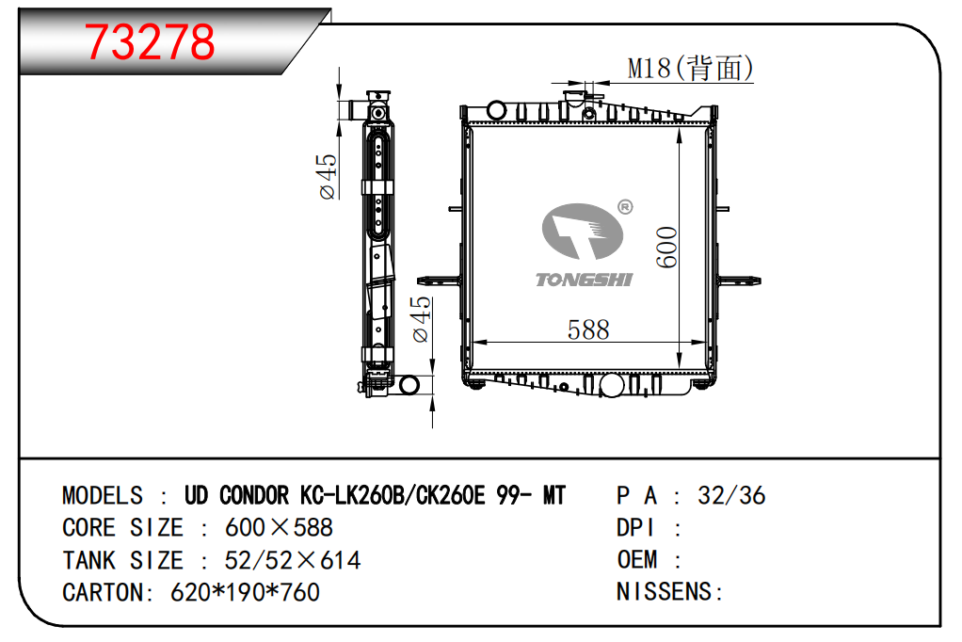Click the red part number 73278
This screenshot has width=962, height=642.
point(150,41)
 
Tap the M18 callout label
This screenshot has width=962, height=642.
point(690,68)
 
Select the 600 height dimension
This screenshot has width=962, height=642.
point(666,247)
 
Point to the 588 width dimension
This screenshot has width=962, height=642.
point(588,330)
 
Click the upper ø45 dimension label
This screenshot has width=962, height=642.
point(328,176)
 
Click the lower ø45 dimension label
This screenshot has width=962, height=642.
point(422,319)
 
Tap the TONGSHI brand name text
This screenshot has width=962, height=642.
point(584,280)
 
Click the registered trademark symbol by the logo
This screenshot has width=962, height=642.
point(625,207)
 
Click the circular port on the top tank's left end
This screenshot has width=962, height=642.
point(496,110)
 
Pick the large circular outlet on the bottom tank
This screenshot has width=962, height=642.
point(612,385)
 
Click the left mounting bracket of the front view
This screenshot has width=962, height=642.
point(440,281)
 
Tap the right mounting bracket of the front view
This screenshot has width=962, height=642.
point(739,281)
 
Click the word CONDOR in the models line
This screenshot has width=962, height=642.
point(254,495)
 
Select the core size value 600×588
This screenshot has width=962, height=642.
point(279,528)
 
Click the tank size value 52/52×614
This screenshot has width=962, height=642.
point(293,560)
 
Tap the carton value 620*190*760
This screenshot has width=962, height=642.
point(245,592)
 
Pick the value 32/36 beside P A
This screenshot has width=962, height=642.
point(731,495)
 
